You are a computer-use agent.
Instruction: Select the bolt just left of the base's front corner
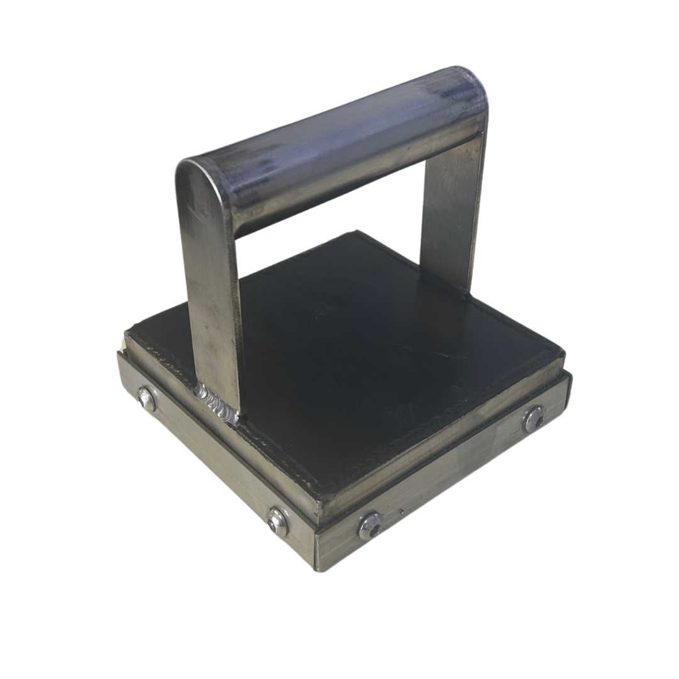(x=276, y=521)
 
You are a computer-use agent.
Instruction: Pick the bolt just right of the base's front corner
(x=370, y=525)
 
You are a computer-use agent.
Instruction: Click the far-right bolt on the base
(x=534, y=419)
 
